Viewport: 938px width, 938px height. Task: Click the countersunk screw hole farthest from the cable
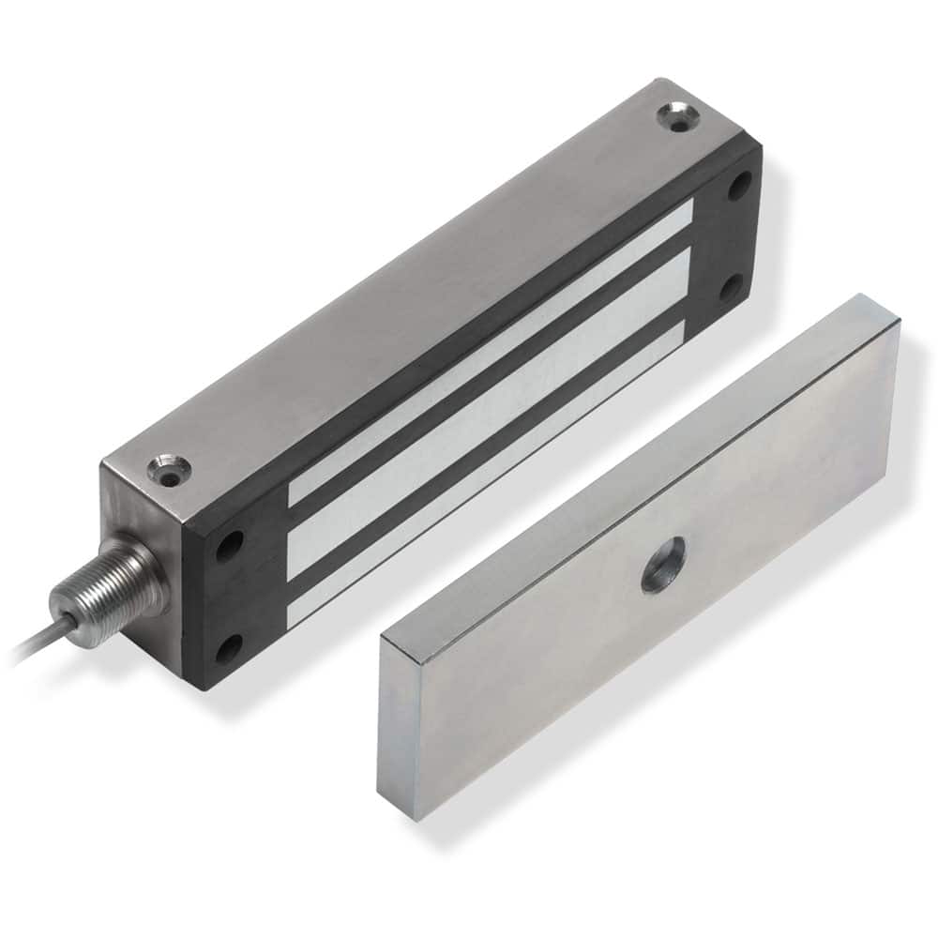pos(676,119)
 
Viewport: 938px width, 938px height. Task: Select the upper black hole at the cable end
pos(230,544)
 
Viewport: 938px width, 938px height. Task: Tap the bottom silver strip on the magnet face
pos(488,469)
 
